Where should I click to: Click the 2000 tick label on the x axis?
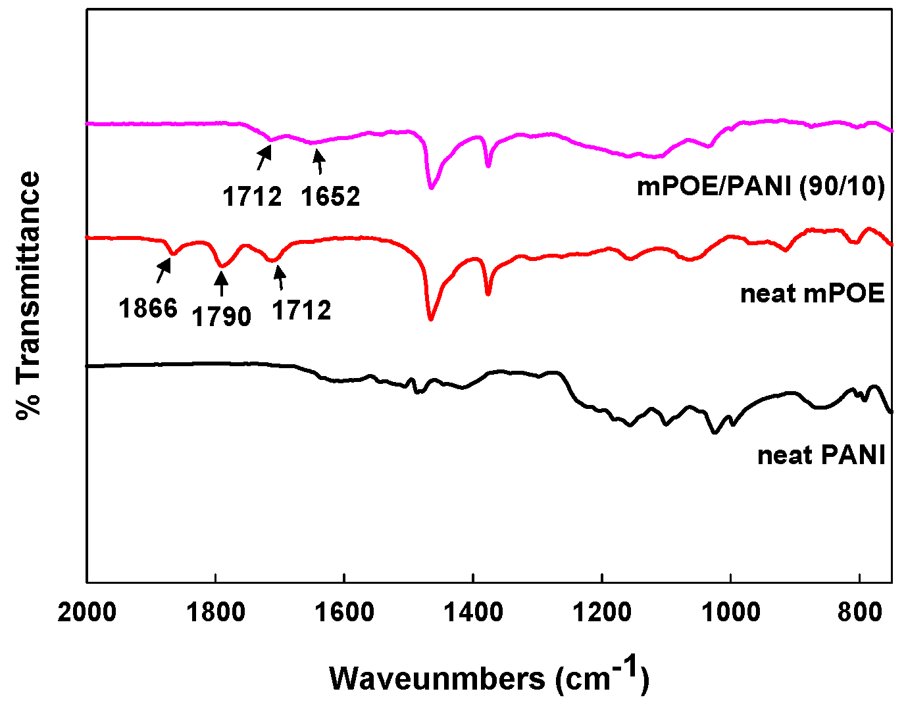click(x=87, y=613)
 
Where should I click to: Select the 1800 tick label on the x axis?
click(x=215, y=613)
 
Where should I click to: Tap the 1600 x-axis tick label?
click(x=344, y=613)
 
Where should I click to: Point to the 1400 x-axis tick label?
click(x=473, y=613)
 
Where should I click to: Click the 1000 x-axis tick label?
click(x=730, y=613)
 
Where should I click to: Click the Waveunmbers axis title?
click(x=489, y=677)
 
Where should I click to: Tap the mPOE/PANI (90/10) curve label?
click(x=761, y=187)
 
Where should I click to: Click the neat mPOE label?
click(x=813, y=293)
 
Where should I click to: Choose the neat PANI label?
click(x=821, y=455)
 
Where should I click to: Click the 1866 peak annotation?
click(x=148, y=308)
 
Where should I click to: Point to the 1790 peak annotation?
click(x=221, y=317)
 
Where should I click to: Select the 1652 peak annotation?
click(x=330, y=197)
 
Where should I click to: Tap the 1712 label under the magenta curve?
click(x=252, y=197)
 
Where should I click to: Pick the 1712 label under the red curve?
click(x=301, y=310)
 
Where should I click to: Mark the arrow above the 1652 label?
click(x=319, y=161)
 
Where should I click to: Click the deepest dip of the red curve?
click(x=431, y=319)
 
